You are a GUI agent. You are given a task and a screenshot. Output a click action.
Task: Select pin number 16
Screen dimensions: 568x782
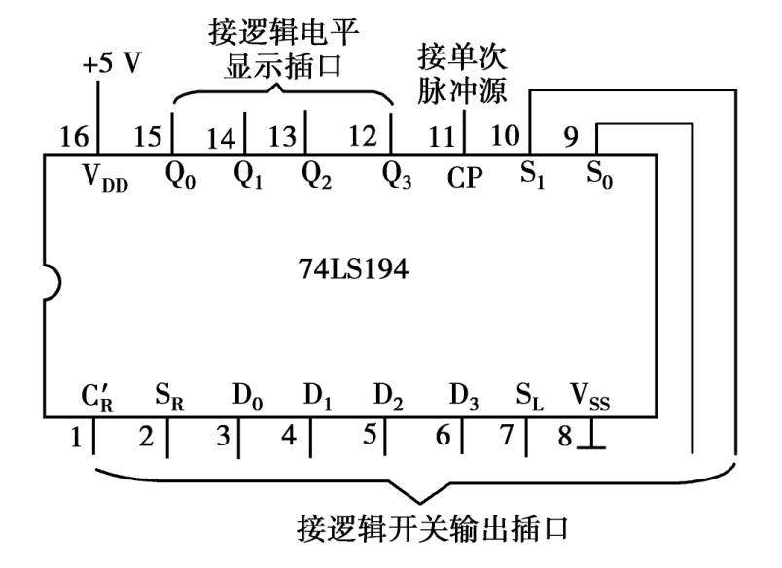click(74, 138)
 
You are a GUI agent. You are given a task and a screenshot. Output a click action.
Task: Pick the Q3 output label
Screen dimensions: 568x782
click(397, 176)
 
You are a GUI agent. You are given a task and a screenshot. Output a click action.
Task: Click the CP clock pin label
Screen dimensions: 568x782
click(465, 178)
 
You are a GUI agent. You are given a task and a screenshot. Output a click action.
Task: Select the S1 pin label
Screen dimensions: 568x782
click(531, 176)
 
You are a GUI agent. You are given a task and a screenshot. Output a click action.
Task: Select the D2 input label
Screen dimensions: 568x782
click(388, 398)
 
